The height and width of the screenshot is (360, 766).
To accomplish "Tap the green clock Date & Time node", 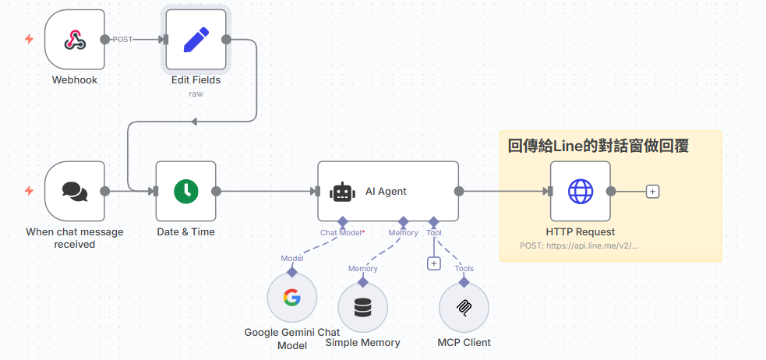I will click(x=185, y=191).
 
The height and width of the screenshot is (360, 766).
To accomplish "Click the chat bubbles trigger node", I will click(x=74, y=191).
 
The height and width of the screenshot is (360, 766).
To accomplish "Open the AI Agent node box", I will click(x=388, y=191).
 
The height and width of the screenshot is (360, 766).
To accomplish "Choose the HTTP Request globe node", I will click(x=580, y=191).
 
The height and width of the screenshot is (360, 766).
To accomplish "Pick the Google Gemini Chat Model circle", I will click(x=291, y=298).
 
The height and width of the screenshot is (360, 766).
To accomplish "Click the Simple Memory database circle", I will click(x=362, y=307).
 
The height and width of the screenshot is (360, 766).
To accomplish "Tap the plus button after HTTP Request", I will click(x=653, y=191).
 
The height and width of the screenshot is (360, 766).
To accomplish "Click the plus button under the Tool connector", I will click(x=434, y=263).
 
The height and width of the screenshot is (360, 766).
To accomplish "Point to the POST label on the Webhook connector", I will click(x=122, y=39).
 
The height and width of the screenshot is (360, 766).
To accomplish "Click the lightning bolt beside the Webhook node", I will click(x=29, y=39).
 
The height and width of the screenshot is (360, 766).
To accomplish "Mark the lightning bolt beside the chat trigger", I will click(x=29, y=191).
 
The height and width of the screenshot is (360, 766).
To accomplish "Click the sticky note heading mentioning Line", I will click(x=598, y=146).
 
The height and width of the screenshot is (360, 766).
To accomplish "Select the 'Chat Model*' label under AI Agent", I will click(x=342, y=232).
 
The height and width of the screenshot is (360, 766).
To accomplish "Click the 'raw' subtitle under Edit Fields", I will click(x=196, y=94).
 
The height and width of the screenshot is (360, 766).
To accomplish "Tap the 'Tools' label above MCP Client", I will click(x=464, y=269).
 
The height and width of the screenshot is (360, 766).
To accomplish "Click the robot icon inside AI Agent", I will click(x=342, y=192).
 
